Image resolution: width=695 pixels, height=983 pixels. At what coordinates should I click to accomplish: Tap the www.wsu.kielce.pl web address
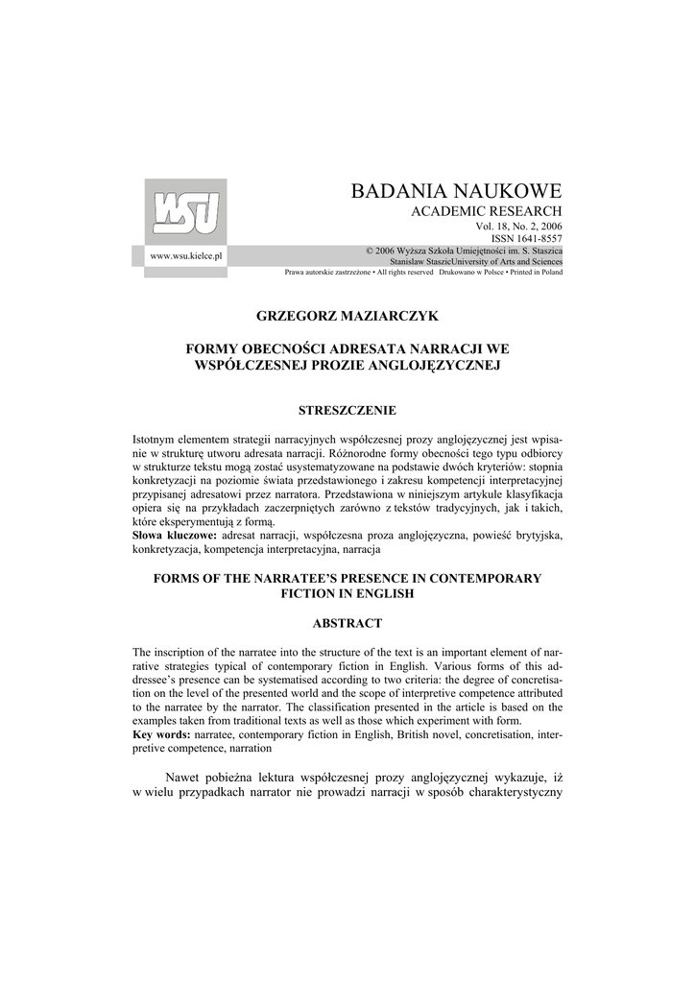coord(186,257)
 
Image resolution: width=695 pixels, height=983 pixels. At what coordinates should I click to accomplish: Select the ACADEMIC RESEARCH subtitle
coord(487,211)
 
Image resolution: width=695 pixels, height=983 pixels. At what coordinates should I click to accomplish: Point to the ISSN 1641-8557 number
coord(527,238)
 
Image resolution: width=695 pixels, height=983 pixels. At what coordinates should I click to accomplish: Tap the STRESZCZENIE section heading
coord(347,410)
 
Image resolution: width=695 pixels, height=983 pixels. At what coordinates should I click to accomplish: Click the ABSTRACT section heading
coord(347,623)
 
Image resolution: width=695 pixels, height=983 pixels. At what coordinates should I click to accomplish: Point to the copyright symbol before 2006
coord(370,250)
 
